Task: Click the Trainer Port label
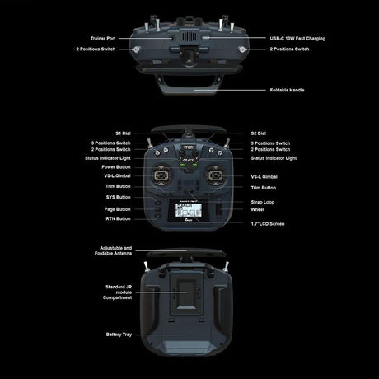pos(103,39)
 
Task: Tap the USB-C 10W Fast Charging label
pos(297,39)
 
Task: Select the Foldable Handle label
pos(287,90)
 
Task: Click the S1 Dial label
pos(123,133)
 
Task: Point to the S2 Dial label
pos(259,133)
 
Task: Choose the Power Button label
pos(116,167)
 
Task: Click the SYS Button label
pos(119,197)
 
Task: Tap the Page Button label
pos(117,209)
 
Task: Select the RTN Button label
pos(119,218)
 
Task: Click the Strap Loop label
pos(263,202)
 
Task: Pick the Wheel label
pos(258,209)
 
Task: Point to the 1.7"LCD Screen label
pos(268,224)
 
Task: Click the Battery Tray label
pos(119,335)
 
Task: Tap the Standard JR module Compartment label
pos(118,292)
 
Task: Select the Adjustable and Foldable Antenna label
pos(113,250)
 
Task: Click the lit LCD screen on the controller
pos(189,210)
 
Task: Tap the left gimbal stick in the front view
pos(161,175)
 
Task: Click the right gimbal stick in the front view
pos(216,175)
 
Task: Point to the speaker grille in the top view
pos(189,36)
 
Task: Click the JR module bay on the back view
pos(186,294)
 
